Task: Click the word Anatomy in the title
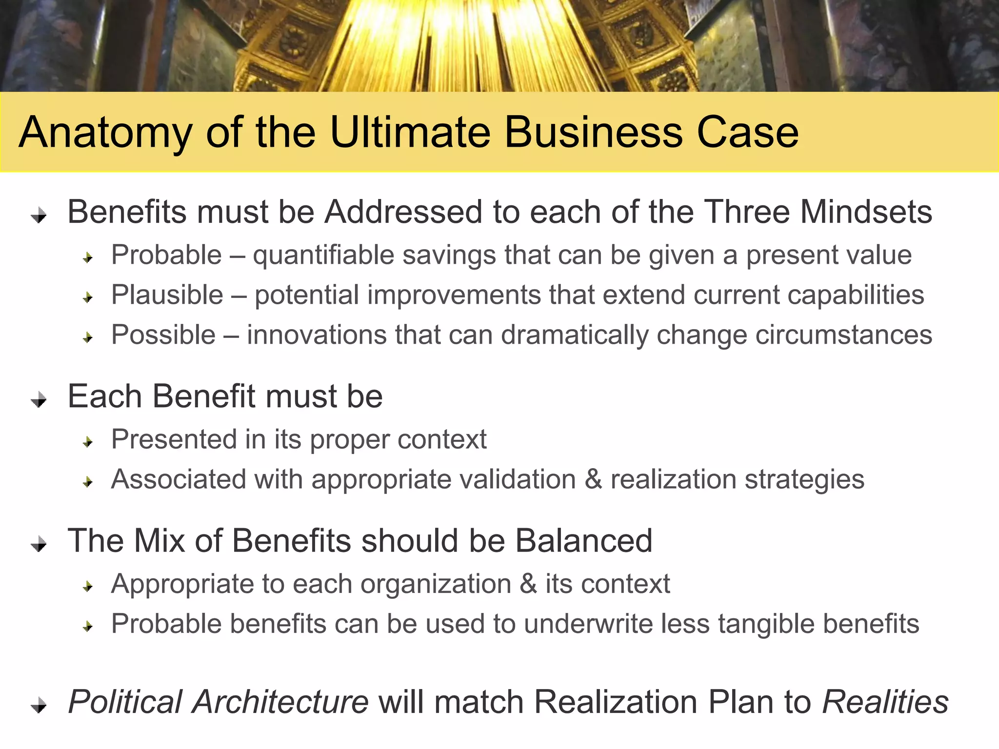point(105,133)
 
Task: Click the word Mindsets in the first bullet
point(866,212)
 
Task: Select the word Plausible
point(167,295)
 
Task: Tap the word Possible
point(163,335)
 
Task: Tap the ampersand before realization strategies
point(593,479)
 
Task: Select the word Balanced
point(583,541)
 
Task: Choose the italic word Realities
point(885,702)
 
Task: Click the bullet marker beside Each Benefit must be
point(39,400)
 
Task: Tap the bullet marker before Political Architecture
point(39,705)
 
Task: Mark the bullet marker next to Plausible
point(88,297)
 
